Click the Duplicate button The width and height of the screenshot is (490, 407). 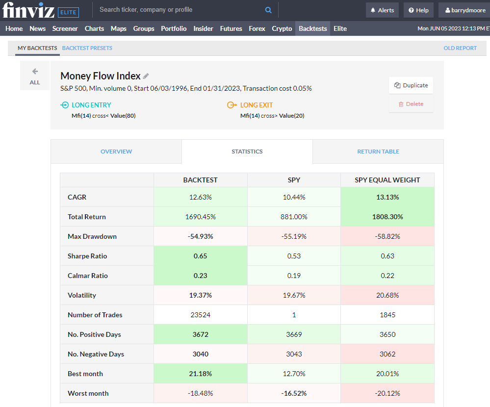[x=411, y=85]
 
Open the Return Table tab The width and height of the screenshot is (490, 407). [x=378, y=152]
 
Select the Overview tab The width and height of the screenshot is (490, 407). [x=116, y=152]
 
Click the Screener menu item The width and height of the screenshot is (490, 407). [x=65, y=28]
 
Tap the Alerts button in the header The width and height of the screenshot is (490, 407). [x=382, y=10]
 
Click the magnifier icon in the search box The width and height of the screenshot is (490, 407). [x=268, y=10]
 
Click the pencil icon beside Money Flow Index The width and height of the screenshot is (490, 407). [x=146, y=76]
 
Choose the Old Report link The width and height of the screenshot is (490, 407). [x=460, y=48]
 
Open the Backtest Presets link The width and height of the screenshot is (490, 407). [x=87, y=48]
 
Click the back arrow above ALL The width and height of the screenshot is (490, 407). [x=35, y=72]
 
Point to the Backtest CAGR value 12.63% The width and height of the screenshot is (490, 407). [x=200, y=197]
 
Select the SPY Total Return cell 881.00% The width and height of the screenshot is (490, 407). [x=294, y=217]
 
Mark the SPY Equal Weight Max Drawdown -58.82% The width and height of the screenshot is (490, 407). [x=387, y=236]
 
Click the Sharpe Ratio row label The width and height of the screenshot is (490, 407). [x=87, y=256]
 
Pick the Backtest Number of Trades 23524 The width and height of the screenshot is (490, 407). [x=200, y=315]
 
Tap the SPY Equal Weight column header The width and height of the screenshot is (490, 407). [x=387, y=180]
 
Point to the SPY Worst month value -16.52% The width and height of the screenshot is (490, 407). [x=294, y=393]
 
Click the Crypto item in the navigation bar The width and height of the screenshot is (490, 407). [x=282, y=28]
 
